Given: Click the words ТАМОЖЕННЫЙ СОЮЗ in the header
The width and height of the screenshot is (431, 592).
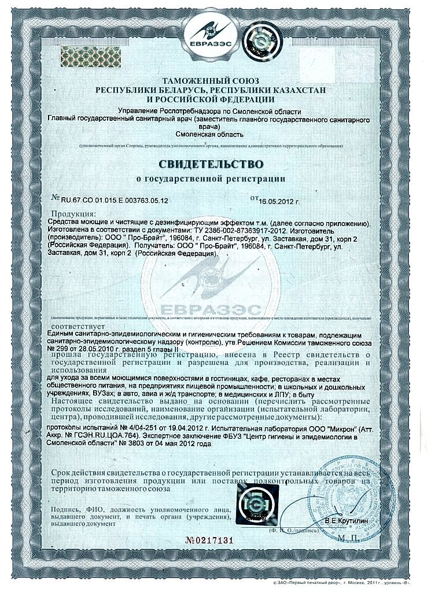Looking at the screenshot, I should (211, 81).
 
